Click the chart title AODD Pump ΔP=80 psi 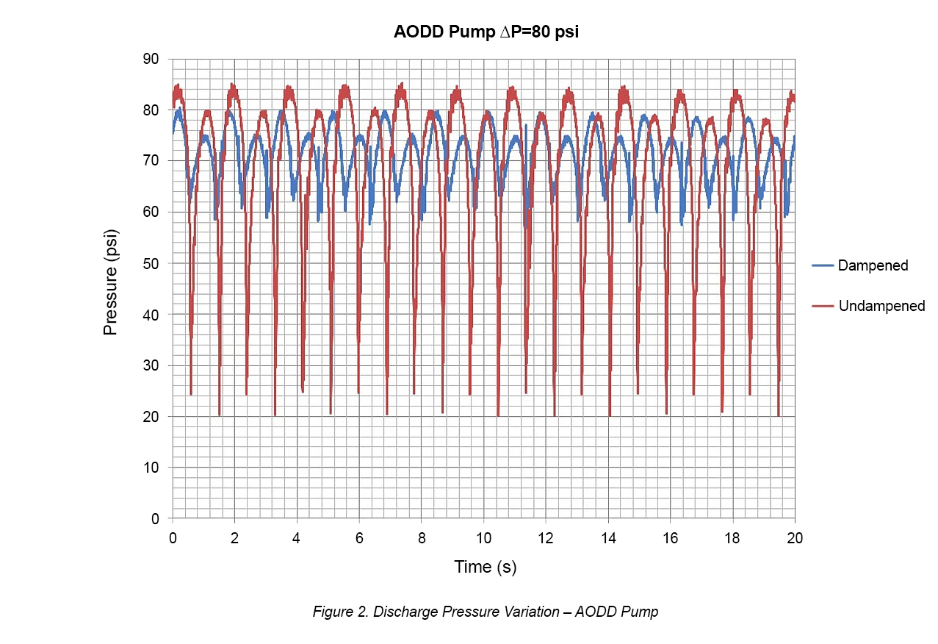[480, 32]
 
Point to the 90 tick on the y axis [154, 59]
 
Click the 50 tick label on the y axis [154, 263]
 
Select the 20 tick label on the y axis [154, 417]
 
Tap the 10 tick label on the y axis [154, 468]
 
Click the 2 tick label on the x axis [234, 537]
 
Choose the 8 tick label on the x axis [421, 537]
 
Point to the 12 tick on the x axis [546, 537]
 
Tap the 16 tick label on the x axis [670, 537]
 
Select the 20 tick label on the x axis [795, 537]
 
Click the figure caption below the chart [485, 612]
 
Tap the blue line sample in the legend [823, 265]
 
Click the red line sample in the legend [823, 306]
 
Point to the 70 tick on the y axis [154, 161]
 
